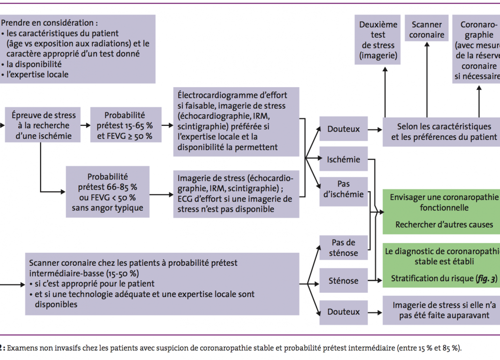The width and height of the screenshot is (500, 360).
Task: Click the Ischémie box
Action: [x=343, y=159]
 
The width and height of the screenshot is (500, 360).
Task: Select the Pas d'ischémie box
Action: [x=343, y=189]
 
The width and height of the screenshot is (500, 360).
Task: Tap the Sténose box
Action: [x=343, y=281]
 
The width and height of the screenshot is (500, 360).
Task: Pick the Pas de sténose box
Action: [x=343, y=248]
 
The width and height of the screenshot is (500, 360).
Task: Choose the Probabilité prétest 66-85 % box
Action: [x=108, y=192]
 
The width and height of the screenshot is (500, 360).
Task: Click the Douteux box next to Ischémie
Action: [x=343, y=129]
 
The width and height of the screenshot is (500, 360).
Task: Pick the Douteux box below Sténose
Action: [x=343, y=312]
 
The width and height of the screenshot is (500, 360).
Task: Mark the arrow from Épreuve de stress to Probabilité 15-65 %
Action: [x=85, y=125]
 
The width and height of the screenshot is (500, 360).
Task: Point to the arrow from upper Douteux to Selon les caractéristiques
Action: [x=375, y=130]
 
